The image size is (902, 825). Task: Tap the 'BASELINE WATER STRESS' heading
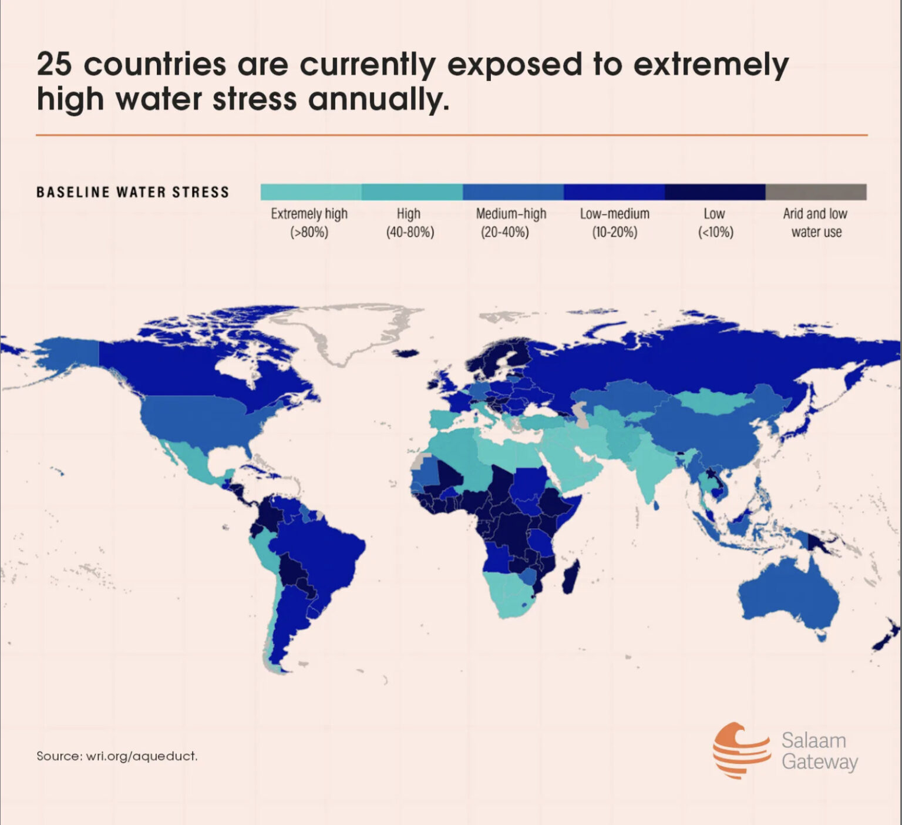click(x=133, y=192)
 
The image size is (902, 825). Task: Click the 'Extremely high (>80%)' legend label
click(x=309, y=223)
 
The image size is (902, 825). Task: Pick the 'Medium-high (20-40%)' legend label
click(x=510, y=223)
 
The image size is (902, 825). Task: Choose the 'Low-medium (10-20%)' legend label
click(x=614, y=223)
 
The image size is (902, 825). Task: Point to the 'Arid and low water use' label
click(x=816, y=223)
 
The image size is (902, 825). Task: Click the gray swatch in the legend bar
click(x=816, y=192)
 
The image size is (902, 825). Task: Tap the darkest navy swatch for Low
click(x=715, y=192)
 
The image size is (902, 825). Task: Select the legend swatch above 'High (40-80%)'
click(x=412, y=192)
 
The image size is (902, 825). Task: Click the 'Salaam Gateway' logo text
click(x=819, y=750)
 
